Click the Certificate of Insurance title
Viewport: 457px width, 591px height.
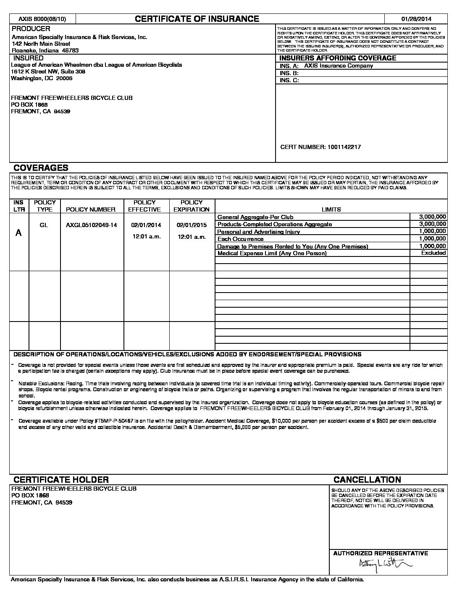coord(197,18)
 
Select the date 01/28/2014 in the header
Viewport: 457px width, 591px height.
coord(416,19)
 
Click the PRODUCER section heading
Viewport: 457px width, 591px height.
coord(31,29)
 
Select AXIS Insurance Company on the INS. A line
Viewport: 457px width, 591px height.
coord(339,65)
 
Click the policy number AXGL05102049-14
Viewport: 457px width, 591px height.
coord(92,225)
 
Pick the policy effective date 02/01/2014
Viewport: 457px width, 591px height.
coord(146,225)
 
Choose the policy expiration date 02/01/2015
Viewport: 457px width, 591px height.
coord(192,225)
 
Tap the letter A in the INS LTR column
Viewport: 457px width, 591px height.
coord(18,233)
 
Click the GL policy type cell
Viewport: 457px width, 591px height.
coord(44,225)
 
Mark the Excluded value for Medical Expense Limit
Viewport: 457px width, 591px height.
coord(433,253)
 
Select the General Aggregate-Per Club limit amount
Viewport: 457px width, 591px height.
coord(433,217)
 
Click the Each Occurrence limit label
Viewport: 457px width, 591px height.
coord(240,239)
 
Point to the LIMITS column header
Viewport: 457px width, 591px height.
coord(331,209)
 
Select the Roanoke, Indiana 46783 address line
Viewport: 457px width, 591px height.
coord(45,50)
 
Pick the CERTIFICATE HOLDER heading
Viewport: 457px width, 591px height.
coord(61,479)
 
